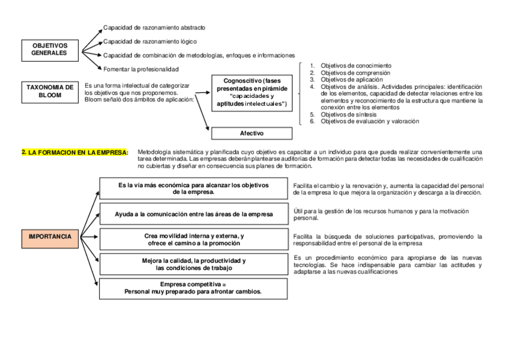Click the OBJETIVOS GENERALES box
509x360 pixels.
50,49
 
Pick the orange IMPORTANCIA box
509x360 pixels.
50,236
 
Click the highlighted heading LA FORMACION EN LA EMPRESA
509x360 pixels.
74,152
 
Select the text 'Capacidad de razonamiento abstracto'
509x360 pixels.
154,28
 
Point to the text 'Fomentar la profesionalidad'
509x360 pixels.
141,69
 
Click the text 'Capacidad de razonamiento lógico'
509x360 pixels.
149,41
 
